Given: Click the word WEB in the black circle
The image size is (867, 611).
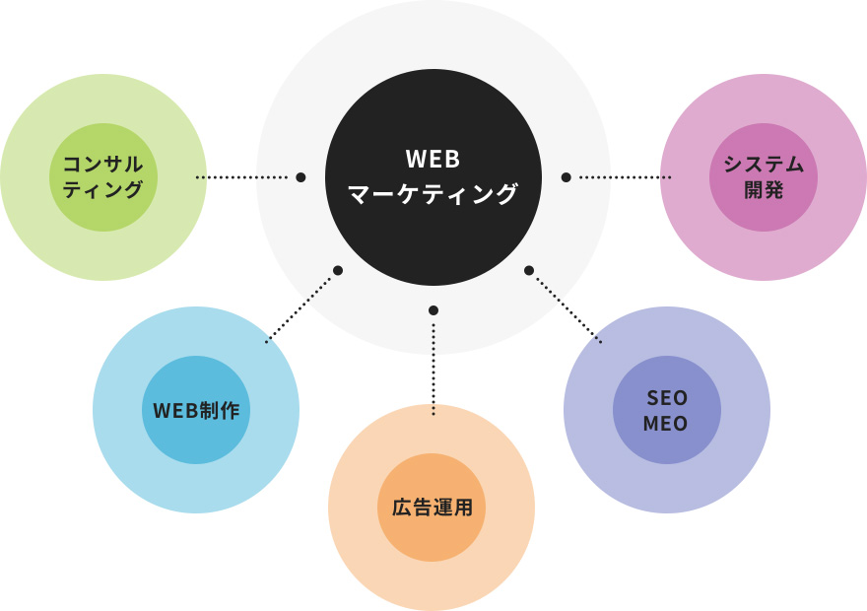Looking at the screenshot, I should coord(433,161).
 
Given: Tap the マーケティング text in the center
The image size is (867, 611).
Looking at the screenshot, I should coord(433,194).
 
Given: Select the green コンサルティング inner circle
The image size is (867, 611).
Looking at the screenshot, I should coord(103,177).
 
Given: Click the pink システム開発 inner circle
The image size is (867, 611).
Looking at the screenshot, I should coord(764,177).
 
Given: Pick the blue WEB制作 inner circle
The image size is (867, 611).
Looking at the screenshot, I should coord(196,410).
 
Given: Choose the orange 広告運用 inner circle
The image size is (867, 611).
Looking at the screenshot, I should coord(432,509).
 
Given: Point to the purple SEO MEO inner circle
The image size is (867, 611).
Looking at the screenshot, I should coord(666,410).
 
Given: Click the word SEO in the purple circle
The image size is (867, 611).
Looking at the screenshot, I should coord(666,397).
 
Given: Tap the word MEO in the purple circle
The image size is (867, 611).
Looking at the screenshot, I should coord(666,424).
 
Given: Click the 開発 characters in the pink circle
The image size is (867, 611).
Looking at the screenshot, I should coord(764,190).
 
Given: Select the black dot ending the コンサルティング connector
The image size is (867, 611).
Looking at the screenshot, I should coord(300,177).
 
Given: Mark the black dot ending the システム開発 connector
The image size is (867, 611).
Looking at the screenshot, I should coord(566,177).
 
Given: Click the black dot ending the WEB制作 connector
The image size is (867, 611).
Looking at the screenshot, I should coord(337,269).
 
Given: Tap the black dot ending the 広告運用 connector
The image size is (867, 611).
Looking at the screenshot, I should coord(433,310).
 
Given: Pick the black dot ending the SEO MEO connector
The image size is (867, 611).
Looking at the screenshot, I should coord(529,269).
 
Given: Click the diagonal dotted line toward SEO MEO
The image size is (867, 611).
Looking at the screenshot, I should coord(567,307).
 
